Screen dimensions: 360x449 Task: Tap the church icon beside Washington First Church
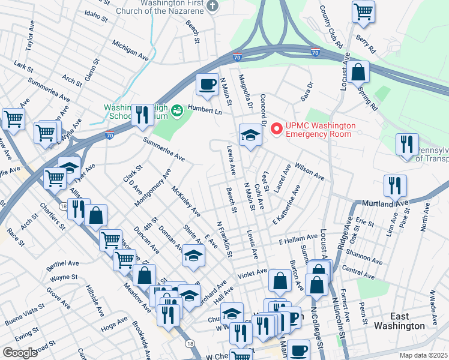211,6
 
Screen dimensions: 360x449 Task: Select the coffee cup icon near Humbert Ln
207,84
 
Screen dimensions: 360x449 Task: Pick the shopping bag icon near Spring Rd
358,72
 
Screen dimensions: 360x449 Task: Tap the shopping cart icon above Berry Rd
363,11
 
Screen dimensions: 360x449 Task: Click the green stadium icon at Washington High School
176,110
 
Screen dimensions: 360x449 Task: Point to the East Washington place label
399,321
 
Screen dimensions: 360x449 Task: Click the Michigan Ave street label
130,50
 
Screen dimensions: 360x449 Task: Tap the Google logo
20,352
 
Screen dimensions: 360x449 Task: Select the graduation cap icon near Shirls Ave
193,256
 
